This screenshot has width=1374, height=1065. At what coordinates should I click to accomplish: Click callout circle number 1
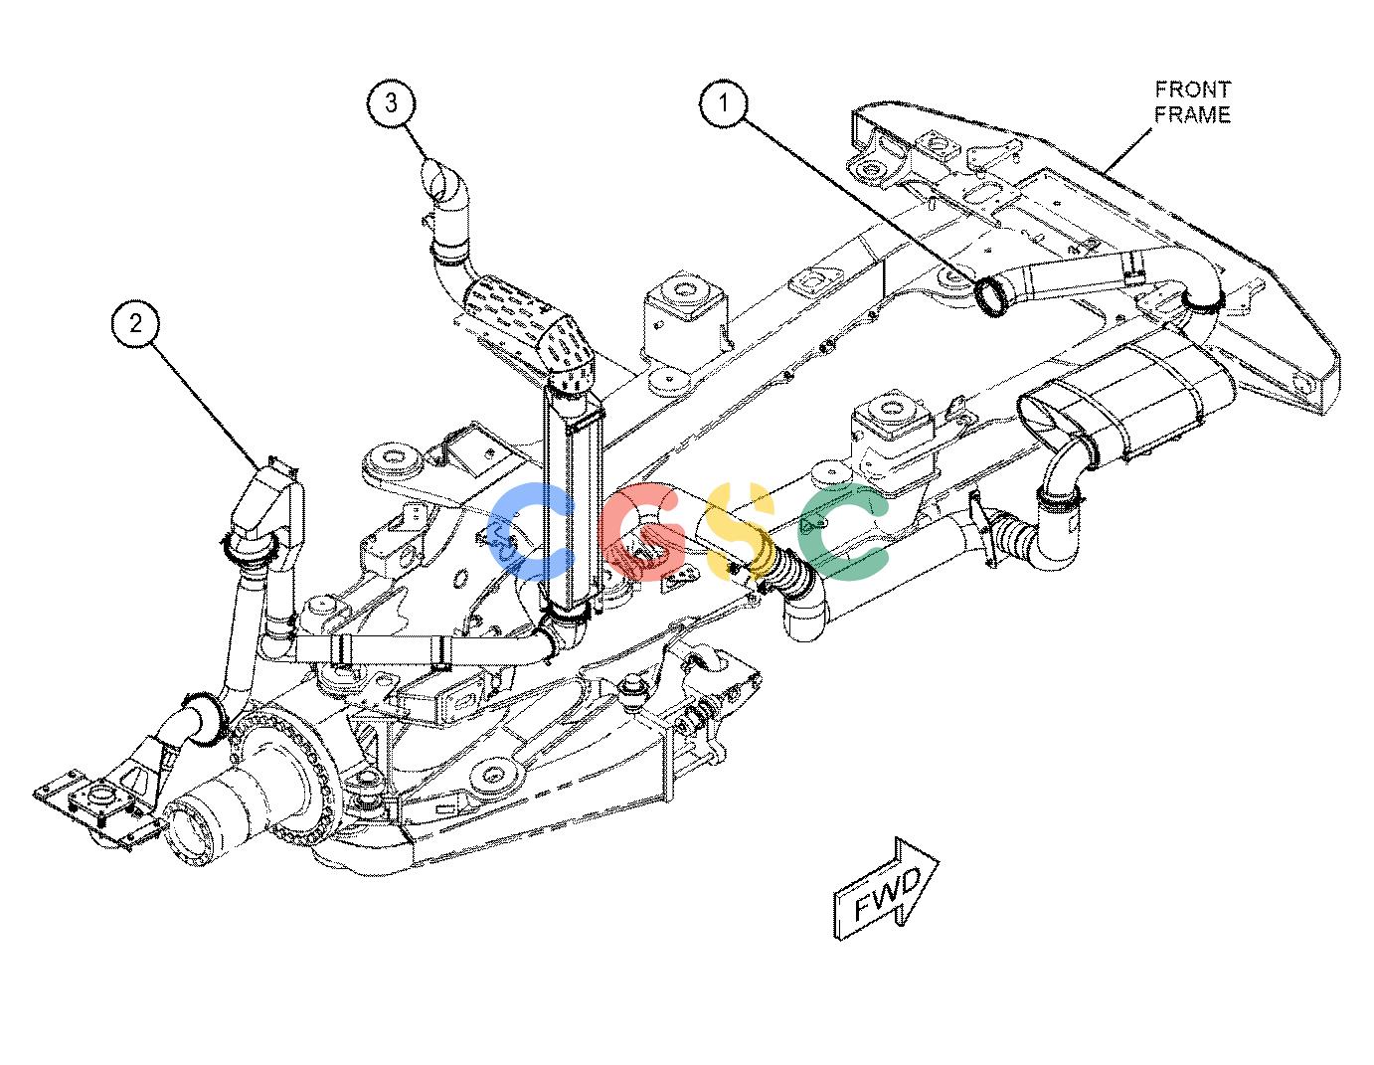(x=724, y=102)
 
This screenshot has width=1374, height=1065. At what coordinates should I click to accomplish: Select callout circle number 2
(x=136, y=324)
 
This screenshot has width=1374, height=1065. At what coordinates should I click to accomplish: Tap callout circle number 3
(x=392, y=102)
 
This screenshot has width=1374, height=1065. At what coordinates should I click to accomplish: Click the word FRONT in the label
(x=1193, y=89)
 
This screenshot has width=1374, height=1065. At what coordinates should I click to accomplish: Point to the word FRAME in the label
(x=1192, y=114)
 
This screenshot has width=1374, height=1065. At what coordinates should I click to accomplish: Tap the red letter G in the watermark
(x=640, y=531)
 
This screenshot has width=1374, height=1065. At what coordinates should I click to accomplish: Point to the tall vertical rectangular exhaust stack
(x=573, y=499)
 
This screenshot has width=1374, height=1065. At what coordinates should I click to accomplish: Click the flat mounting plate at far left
(x=94, y=808)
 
